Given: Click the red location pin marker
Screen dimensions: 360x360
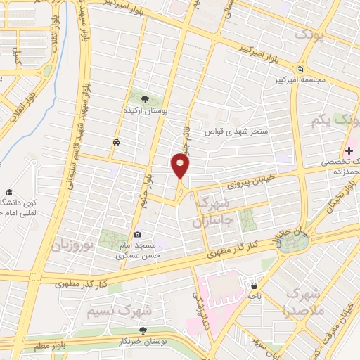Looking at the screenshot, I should click(180, 166).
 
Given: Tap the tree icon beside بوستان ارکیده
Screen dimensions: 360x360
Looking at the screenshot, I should click(145, 99).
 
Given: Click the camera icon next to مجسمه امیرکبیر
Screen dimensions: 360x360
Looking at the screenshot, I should click(300, 69).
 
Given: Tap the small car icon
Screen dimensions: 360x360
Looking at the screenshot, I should click(115, 143).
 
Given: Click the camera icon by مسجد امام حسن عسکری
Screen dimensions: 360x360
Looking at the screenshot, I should click(137, 234).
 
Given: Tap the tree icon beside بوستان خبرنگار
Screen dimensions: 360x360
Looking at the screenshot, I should click(144, 329).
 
